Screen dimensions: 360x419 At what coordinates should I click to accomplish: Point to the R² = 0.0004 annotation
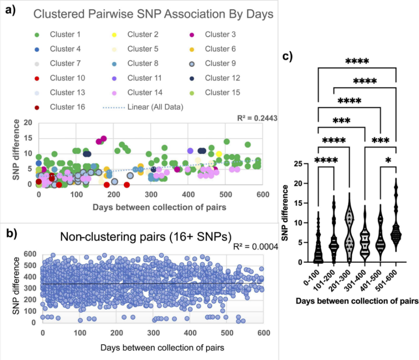(260, 247)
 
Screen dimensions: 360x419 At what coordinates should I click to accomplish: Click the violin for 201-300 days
(349, 227)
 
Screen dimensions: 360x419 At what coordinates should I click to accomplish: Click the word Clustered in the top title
(57, 14)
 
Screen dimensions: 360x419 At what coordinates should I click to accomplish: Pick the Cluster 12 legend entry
(216, 78)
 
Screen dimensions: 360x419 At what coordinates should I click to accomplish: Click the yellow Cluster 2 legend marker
(116, 35)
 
